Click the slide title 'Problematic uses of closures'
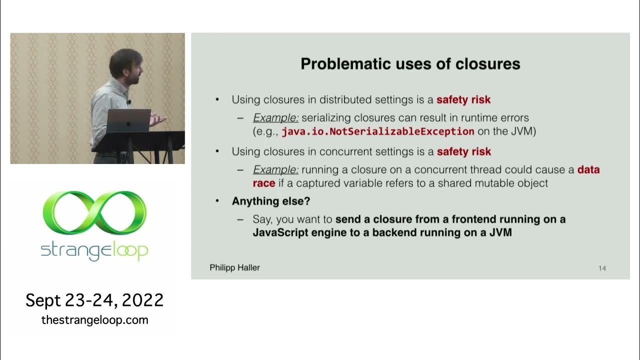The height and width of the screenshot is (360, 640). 410,64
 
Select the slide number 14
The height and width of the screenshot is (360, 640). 602,268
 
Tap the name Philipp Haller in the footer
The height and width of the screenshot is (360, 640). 234,268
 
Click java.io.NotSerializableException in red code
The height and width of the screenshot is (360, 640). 377,131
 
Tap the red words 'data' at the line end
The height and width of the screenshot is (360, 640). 588,170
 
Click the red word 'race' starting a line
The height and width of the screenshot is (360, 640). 264,183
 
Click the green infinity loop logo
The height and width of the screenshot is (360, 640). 94,212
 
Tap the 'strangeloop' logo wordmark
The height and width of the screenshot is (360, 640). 94,250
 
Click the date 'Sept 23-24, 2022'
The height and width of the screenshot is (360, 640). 94,300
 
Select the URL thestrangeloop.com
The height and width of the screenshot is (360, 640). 94,320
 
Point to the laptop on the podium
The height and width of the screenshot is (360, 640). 128,120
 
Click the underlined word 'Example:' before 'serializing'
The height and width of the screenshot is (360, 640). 275,118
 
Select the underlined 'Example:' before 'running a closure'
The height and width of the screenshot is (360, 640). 275,170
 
